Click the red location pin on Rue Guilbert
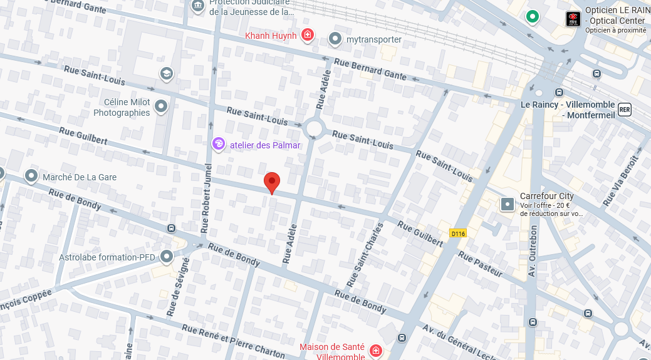[271, 182]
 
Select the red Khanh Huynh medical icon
[307, 35]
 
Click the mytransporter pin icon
[335, 39]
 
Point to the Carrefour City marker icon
[508, 204]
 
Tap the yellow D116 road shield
[458, 234]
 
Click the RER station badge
[624, 110]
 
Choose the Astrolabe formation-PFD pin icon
[167, 257]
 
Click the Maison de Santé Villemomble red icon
[375, 351]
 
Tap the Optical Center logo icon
[573, 19]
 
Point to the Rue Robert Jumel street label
[206, 197]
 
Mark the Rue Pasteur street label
[480, 264]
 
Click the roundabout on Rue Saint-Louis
[314, 130]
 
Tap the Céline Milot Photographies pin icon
[161, 107]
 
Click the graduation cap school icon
[166, 73]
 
